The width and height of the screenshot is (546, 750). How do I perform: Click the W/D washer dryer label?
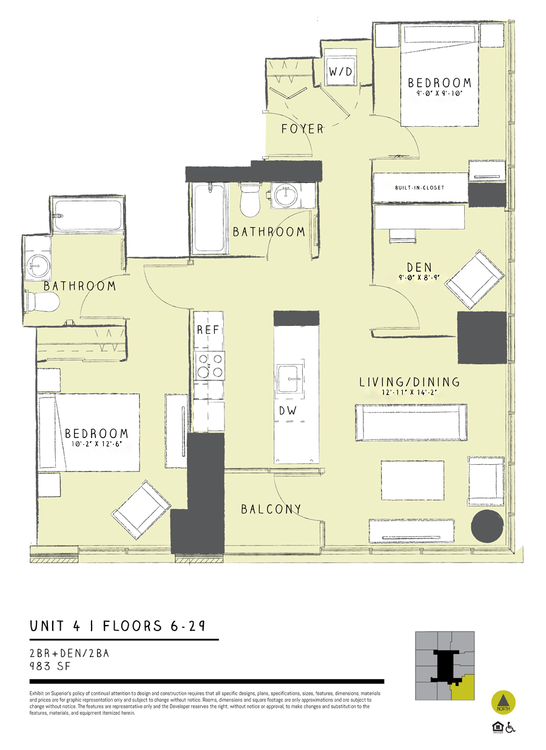pyautogui.click(x=340, y=72)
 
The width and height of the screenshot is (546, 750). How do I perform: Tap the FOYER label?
pyautogui.click(x=302, y=129)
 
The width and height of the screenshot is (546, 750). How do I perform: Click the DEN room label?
pyautogui.click(x=419, y=266)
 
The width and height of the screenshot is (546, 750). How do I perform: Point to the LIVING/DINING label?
pyautogui.click(x=409, y=382)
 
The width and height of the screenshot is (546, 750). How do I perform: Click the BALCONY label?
pyautogui.click(x=271, y=509)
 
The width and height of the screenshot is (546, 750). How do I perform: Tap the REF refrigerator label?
pyautogui.click(x=207, y=331)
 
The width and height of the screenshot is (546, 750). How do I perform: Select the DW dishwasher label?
pyautogui.click(x=288, y=411)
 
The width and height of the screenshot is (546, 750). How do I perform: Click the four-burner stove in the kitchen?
pyautogui.click(x=209, y=365)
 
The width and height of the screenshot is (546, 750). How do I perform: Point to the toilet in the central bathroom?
pyautogui.click(x=250, y=200)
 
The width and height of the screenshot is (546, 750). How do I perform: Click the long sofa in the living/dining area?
pyautogui.click(x=411, y=422)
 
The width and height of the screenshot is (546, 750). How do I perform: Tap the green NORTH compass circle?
pyautogui.click(x=503, y=702)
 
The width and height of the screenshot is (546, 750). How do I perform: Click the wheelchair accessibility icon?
pyautogui.click(x=510, y=727)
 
